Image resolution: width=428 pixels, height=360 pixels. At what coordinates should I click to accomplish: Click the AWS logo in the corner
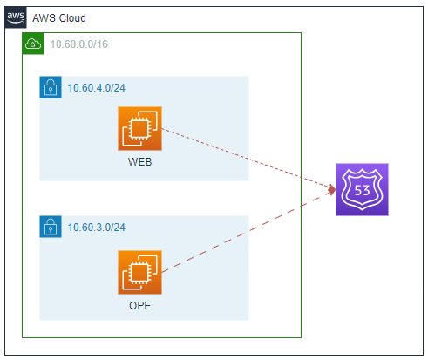(16, 17)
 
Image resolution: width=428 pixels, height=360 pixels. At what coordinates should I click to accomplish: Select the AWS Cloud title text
(59, 18)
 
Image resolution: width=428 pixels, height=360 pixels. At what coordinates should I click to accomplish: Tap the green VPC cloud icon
(33, 44)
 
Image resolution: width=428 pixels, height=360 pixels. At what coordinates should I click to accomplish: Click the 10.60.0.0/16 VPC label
(79, 44)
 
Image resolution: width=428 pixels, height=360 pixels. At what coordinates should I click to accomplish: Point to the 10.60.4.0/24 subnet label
(97, 88)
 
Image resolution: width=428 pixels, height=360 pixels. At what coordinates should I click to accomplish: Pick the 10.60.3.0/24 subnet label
(97, 228)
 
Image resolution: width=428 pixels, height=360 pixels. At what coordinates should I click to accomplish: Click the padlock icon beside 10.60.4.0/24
(51, 87)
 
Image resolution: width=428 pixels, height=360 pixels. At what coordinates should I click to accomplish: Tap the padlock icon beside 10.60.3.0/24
(51, 227)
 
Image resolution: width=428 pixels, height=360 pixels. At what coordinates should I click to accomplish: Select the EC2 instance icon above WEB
(139, 128)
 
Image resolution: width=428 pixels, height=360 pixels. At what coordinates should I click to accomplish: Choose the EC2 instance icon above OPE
(139, 272)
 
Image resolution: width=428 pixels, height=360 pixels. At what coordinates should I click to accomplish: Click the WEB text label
(139, 162)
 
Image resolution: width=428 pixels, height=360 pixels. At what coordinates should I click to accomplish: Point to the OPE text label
(139, 306)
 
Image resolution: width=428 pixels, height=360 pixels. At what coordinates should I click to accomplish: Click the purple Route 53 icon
(362, 189)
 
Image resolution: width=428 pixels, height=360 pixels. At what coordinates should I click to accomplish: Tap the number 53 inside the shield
(362, 190)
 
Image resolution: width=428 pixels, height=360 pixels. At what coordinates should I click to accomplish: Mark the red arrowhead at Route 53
(332, 190)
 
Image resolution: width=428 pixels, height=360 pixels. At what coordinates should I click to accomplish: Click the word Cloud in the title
(72, 18)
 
